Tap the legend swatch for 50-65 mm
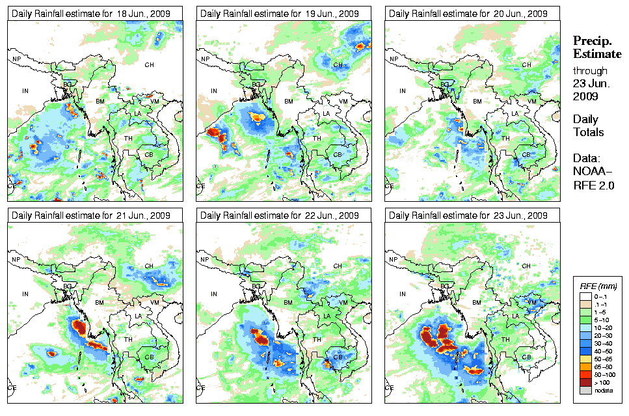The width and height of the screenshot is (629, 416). point(584,359)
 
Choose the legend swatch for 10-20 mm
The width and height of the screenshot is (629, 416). point(584,327)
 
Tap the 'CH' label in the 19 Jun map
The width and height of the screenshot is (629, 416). point(338,65)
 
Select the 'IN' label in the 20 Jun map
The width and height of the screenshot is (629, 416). point(403,91)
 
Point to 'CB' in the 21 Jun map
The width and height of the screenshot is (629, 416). point(149,357)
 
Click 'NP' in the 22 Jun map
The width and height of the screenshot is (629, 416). point(206,260)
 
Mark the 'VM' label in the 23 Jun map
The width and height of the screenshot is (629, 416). point(532,303)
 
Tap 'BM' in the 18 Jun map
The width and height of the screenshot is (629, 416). point(100,102)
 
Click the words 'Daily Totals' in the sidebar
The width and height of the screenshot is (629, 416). point(588,126)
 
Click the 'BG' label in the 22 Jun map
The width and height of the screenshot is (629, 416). point(256,286)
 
